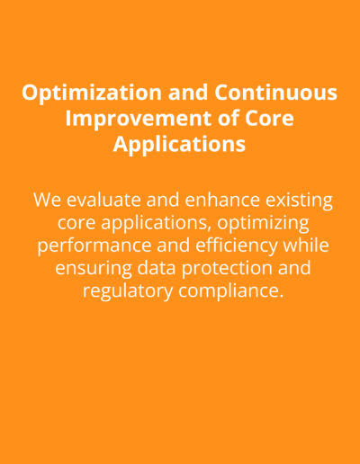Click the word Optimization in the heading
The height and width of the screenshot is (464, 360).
[92, 94]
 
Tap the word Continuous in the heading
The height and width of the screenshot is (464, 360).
[276, 92]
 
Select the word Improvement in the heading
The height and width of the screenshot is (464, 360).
[139, 120]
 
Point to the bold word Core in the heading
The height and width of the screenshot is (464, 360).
[269, 118]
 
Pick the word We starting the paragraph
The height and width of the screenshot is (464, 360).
[47, 200]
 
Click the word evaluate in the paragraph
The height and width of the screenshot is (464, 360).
[103, 200]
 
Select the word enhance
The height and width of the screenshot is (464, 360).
[222, 200]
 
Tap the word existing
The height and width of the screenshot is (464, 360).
[299, 201]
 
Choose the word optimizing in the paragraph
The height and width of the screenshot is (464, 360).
[263, 224]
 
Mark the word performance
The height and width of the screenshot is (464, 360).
[94, 246]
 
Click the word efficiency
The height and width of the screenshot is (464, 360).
[237, 246]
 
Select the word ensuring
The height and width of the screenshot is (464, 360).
[94, 269]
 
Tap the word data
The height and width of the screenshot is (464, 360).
[157, 268]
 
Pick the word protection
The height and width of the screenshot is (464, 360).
[227, 269]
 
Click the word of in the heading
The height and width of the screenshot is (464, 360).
[229, 118]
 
